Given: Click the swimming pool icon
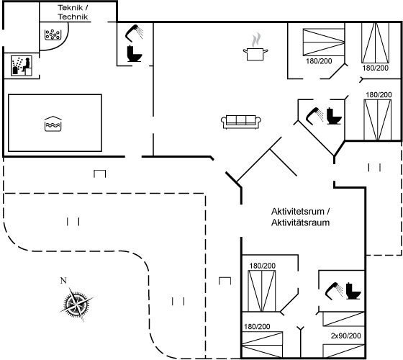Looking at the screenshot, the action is point(53,124).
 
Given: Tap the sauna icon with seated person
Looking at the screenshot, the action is point(22,66).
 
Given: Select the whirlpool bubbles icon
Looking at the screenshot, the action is point(53,35).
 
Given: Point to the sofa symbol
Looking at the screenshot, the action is point(241,122).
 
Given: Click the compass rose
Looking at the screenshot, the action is point(76,305).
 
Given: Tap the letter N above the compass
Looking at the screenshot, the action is point(63,281).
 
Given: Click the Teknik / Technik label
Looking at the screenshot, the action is point(73,12).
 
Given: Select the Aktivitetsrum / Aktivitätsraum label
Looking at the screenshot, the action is point(301,217).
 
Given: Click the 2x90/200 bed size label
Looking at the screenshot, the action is point(345,336).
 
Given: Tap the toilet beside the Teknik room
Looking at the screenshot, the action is point(135,53).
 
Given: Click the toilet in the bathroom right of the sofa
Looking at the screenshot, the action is point(334,116).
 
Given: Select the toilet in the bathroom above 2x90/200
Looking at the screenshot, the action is point(353,291).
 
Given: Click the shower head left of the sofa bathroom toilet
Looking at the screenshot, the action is point(314,116).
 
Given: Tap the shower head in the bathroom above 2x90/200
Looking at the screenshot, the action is point(334,291).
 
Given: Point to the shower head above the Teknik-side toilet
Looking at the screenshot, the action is point(134,33).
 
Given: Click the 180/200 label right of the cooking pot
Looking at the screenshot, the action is point(319,61).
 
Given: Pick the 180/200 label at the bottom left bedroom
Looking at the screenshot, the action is point(257,327).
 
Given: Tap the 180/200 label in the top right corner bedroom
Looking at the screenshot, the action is point(375,68).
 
